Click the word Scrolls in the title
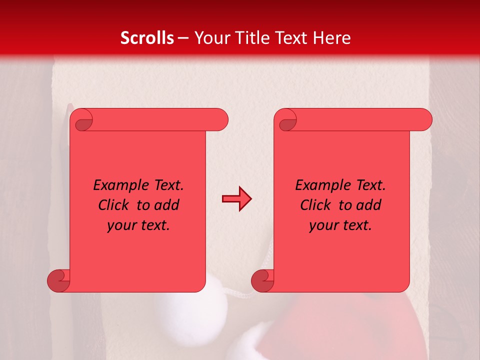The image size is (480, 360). pyautogui.click(x=147, y=38)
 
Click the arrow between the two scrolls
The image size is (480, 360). pyautogui.click(x=236, y=199)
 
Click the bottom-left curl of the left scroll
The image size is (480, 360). pyautogui.click(x=58, y=280)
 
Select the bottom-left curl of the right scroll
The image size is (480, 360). pyautogui.click(x=262, y=280)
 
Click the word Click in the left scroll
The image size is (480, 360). pyautogui.click(x=109, y=205)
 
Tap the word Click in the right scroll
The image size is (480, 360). pyautogui.click(x=311, y=205)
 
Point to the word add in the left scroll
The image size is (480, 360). pyautogui.click(x=167, y=205)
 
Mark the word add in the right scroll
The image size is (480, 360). pyautogui.click(x=369, y=205)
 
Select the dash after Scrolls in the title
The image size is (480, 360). pyautogui.click(x=183, y=38)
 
